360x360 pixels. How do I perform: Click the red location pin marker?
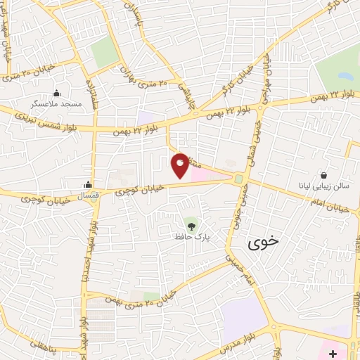pyautogui.click(x=180, y=164)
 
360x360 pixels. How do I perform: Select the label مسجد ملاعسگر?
pyautogui.click(x=56, y=103)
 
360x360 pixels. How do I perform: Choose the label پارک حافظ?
pyautogui.click(x=192, y=238)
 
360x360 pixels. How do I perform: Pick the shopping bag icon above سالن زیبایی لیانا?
pyautogui.click(x=323, y=175)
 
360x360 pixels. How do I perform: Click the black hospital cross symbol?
pyautogui.click(x=333, y=350)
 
